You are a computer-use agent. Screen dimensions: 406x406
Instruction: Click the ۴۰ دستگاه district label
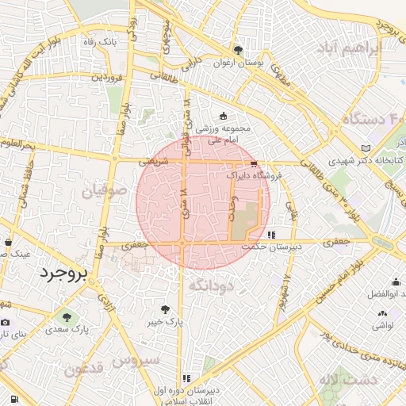(373, 120)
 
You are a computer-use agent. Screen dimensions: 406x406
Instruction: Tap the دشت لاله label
(348, 380)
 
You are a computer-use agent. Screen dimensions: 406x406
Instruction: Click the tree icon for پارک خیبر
(165, 310)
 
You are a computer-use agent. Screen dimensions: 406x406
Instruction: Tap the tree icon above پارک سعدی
(67, 317)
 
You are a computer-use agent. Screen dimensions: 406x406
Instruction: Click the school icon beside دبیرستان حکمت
(272, 235)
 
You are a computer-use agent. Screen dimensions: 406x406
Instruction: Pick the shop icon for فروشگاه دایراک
(253, 163)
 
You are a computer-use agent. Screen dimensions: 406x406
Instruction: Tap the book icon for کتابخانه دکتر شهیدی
(365, 148)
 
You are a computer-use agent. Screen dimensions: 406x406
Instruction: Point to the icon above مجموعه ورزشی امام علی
(222, 117)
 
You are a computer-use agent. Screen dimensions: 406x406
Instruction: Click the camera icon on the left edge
(6, 322)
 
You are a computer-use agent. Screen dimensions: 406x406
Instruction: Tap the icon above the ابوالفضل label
(396, 282)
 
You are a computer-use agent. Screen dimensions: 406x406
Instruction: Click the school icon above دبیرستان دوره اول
(187, 379)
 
